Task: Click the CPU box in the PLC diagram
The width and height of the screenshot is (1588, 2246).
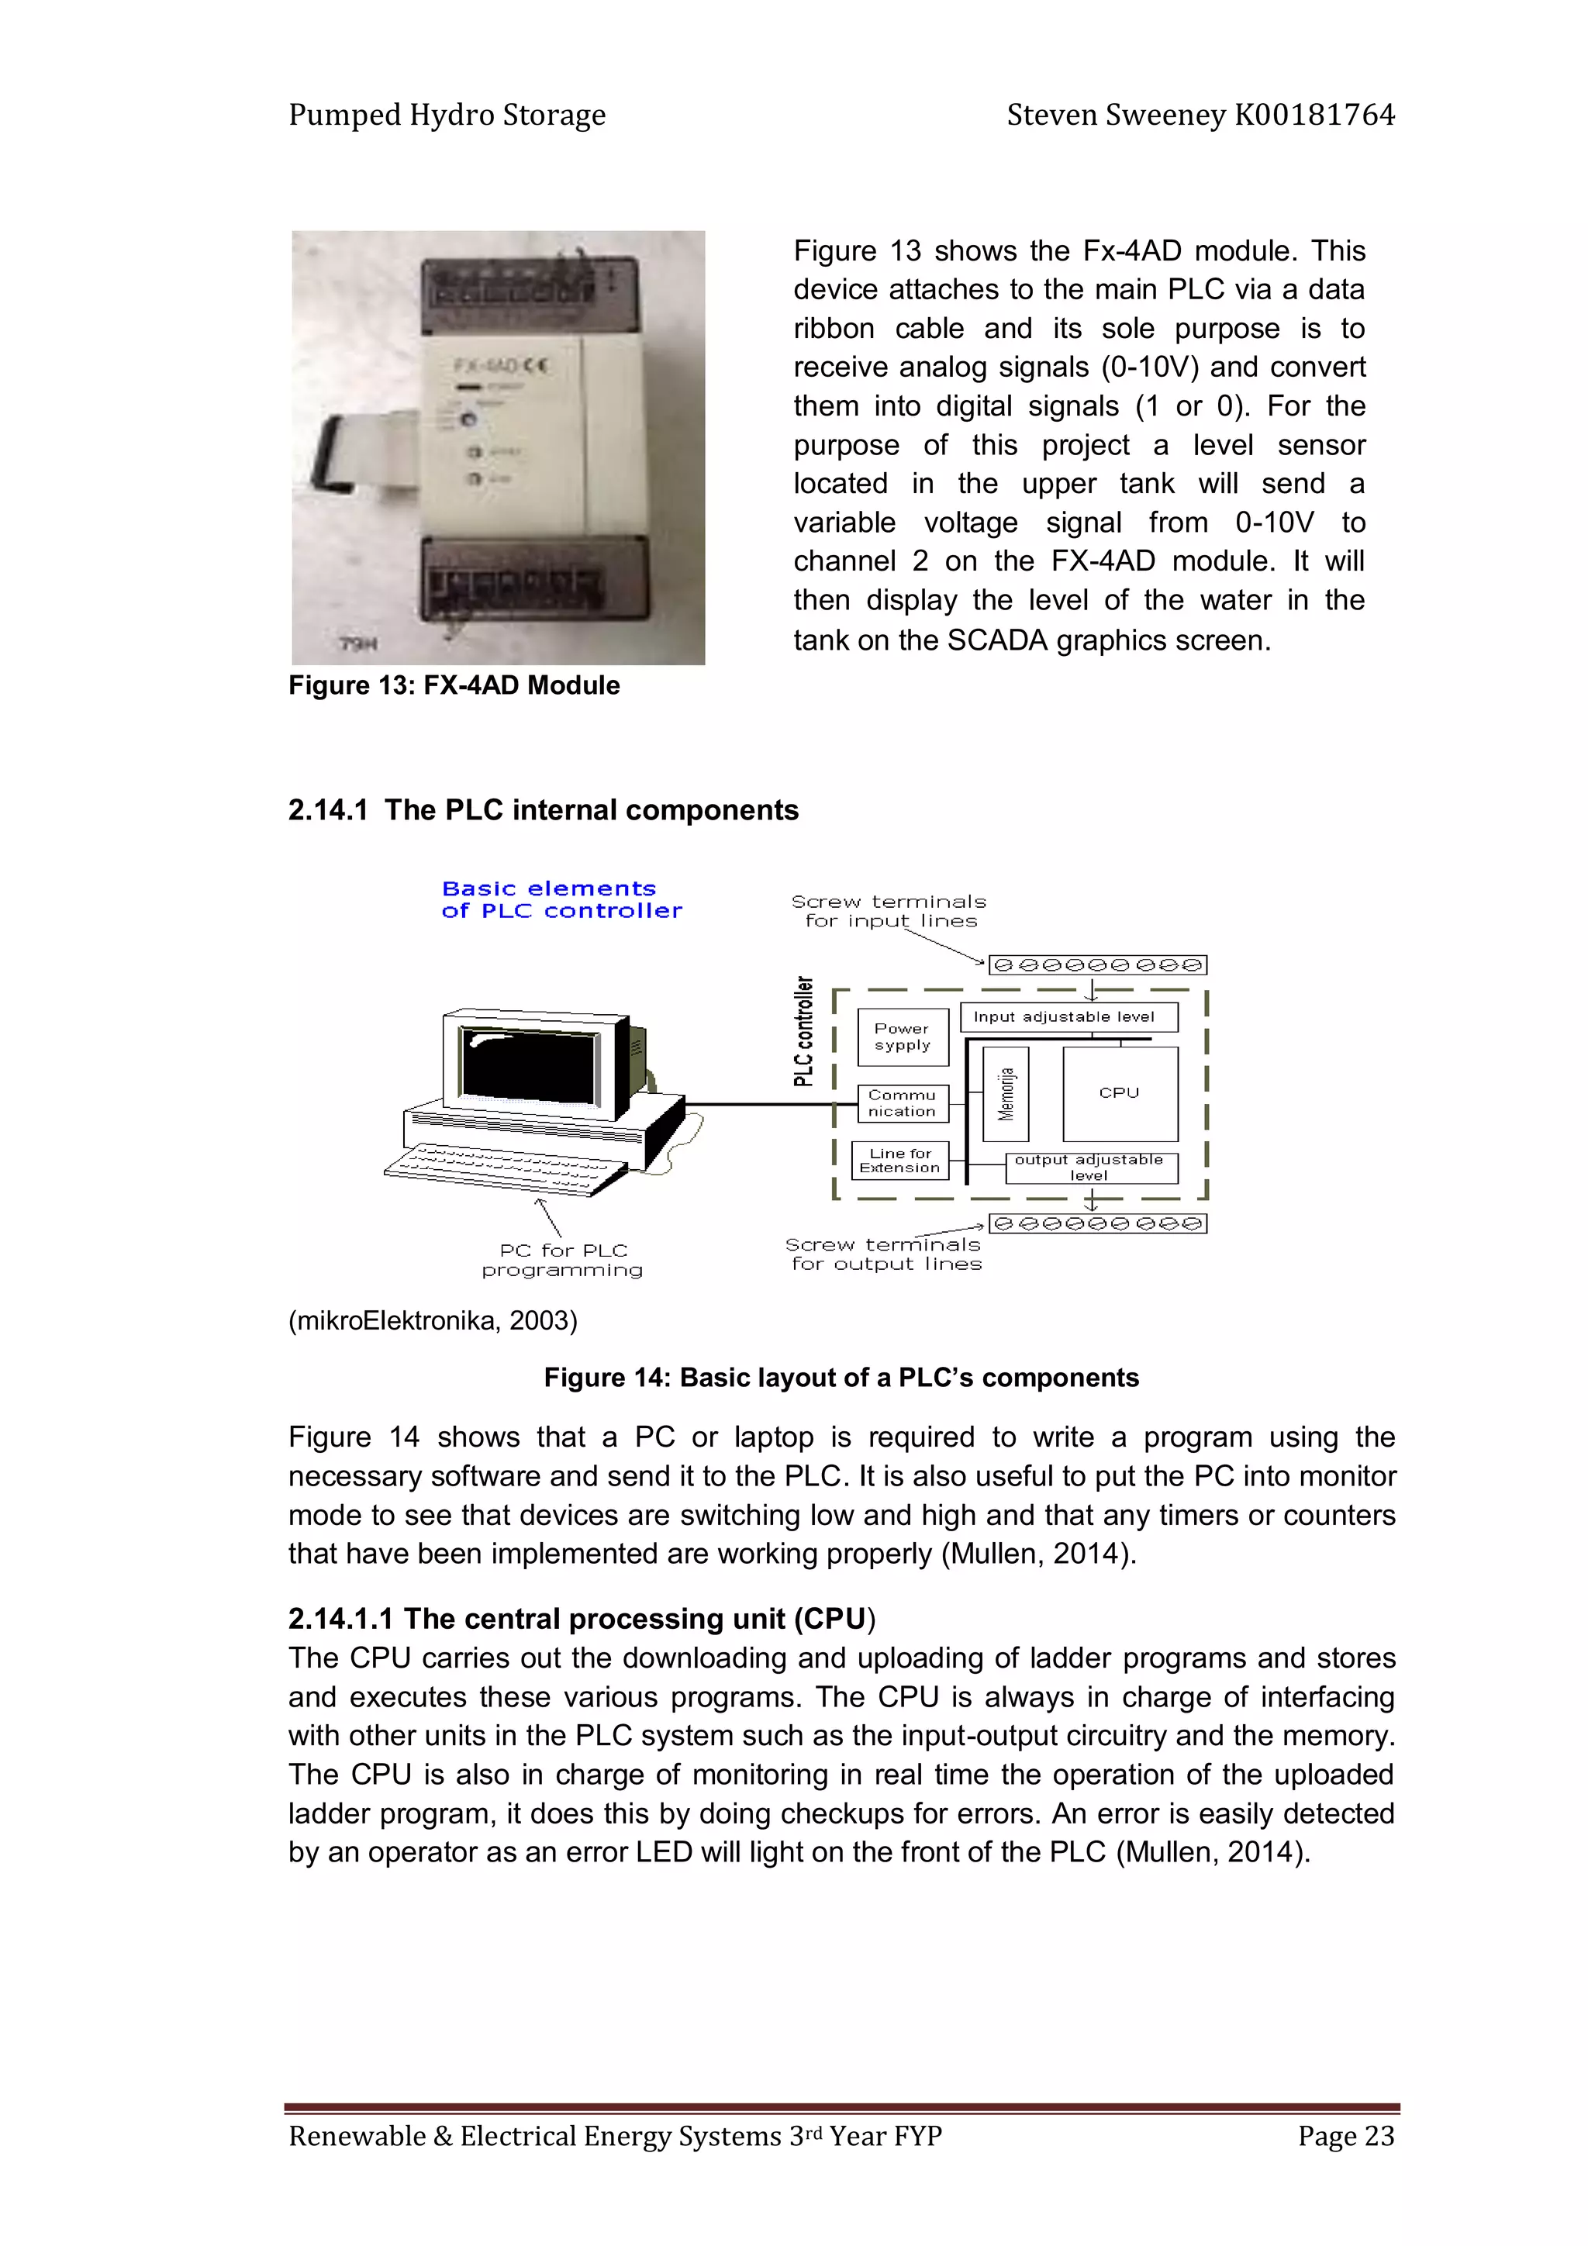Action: coord(1120,1092)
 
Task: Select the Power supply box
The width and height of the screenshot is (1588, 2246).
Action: coord(902,1037)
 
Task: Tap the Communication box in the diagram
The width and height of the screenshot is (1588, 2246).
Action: coord(902,1103)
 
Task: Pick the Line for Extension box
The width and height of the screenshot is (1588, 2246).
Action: coord(900,1160)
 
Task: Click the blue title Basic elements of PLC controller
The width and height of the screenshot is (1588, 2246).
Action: coord(561,900)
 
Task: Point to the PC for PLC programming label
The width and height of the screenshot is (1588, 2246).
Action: coord(563,1260)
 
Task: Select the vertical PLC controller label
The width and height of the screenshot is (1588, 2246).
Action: coord(803,1032)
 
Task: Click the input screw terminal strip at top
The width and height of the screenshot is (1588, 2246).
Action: coord(1097,965)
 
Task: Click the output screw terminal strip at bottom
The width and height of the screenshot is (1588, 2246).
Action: coord(1097,1223)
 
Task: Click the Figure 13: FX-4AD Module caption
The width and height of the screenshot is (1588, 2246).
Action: coord(454,685)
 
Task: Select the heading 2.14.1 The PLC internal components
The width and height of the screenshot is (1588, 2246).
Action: coord(543,810)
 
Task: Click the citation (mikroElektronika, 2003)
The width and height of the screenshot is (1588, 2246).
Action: coord(433,1320)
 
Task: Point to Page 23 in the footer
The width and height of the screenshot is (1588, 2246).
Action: coord(1345,2135)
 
